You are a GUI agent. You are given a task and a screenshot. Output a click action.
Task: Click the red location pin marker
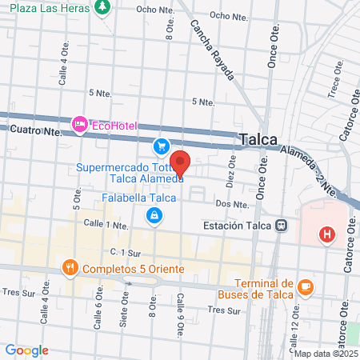point(180,162)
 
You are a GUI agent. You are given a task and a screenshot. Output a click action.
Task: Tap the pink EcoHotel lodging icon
point(80,124)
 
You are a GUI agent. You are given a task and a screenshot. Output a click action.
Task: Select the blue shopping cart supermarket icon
point(162,146)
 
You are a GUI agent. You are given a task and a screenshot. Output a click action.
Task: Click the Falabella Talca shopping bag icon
point(153,214)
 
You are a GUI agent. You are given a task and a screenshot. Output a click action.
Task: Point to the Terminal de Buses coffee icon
point(306,286)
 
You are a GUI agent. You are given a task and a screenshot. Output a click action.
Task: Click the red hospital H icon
point(326,235)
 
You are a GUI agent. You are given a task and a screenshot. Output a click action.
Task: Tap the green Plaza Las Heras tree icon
point(102,7)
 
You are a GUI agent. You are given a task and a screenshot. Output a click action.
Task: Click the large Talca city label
point(258,139)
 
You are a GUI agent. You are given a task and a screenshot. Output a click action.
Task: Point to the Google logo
point(26,350)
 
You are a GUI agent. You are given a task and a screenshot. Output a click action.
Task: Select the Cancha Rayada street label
point(212,50)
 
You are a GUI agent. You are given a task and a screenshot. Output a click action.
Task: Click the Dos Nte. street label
point(228,204)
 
